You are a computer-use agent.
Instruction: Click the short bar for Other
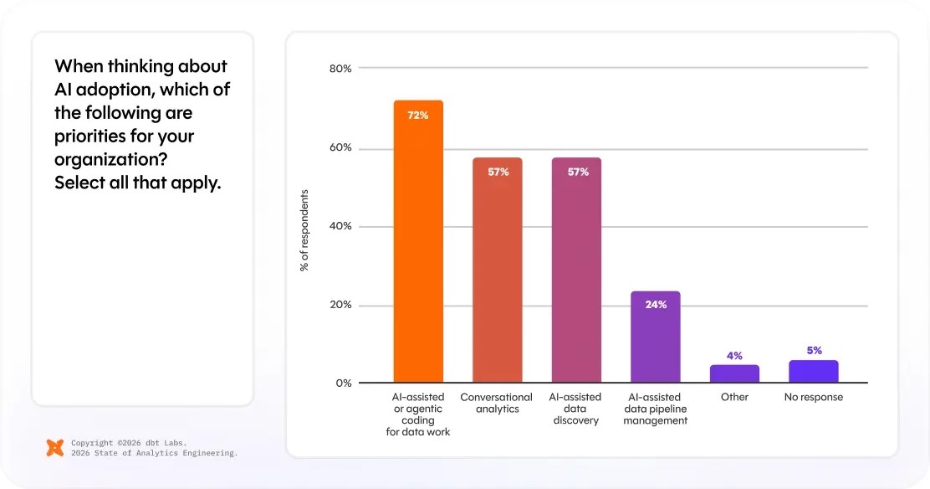(x=734, y=374)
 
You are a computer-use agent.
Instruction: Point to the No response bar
(x=813, y=372)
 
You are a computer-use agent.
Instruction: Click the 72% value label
(x=418, y=116)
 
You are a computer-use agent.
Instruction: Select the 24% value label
(x=656, y=305)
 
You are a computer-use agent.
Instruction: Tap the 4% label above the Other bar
(x=734, y=356)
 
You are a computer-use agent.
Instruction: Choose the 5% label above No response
(x=814, y=351)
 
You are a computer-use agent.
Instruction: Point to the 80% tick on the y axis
(x=340, y=68)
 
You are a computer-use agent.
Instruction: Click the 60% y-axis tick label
(x=340, y=149)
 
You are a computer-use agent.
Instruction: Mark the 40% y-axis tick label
(x=340, y=227)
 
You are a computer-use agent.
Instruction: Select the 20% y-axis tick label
(x=340, y=306)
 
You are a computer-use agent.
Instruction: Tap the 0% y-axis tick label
(x=344, y=383)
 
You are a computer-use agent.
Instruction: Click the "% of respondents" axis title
(x=304, y=230)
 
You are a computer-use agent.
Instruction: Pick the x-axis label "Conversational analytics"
(x=497, y=403)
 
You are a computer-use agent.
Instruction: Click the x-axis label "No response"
(x=814, y=397)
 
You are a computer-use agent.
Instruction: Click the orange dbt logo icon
(x=55, y=447)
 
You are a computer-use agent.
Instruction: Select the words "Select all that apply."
(x=138, y=183)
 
